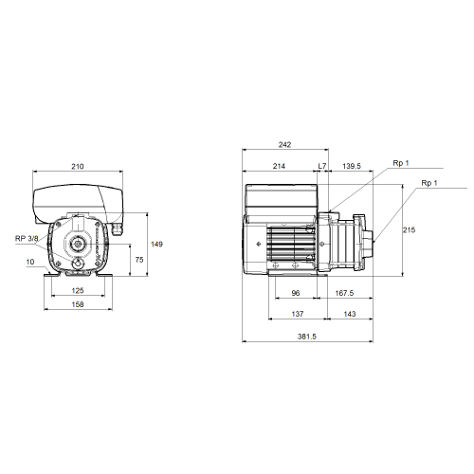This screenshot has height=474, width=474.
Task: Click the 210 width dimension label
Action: coord(78,166)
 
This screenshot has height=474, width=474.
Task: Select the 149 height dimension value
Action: coord(156,244)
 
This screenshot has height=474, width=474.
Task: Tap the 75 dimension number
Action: coord(139,260)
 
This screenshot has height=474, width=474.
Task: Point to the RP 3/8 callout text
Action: coord(27,238)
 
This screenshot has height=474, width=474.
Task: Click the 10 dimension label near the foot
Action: coord(30,262)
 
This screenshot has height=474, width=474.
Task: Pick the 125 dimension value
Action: coord(78,290)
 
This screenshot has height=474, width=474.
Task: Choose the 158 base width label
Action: coord(78,304)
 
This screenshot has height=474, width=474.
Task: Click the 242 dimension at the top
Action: coord(284,145)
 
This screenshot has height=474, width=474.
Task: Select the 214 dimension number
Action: coord(279,166)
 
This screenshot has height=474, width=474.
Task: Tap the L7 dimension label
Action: coord(322,166)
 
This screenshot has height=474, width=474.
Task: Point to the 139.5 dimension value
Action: coord(352,166)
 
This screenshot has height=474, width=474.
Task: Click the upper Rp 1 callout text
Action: coord(401,163)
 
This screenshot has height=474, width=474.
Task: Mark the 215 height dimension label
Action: coord(409,230)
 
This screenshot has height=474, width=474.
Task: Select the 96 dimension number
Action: coord(296,293)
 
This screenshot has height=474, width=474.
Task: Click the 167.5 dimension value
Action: coord(344,293)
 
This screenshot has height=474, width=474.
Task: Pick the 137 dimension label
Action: coord(298,314)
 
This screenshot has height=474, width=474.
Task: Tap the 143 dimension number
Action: coord(350,314)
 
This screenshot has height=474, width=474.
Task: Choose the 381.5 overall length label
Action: coord(306,337)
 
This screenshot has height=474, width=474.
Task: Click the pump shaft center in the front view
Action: coord(77,244)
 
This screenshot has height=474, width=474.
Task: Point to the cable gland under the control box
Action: coord(117,228)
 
